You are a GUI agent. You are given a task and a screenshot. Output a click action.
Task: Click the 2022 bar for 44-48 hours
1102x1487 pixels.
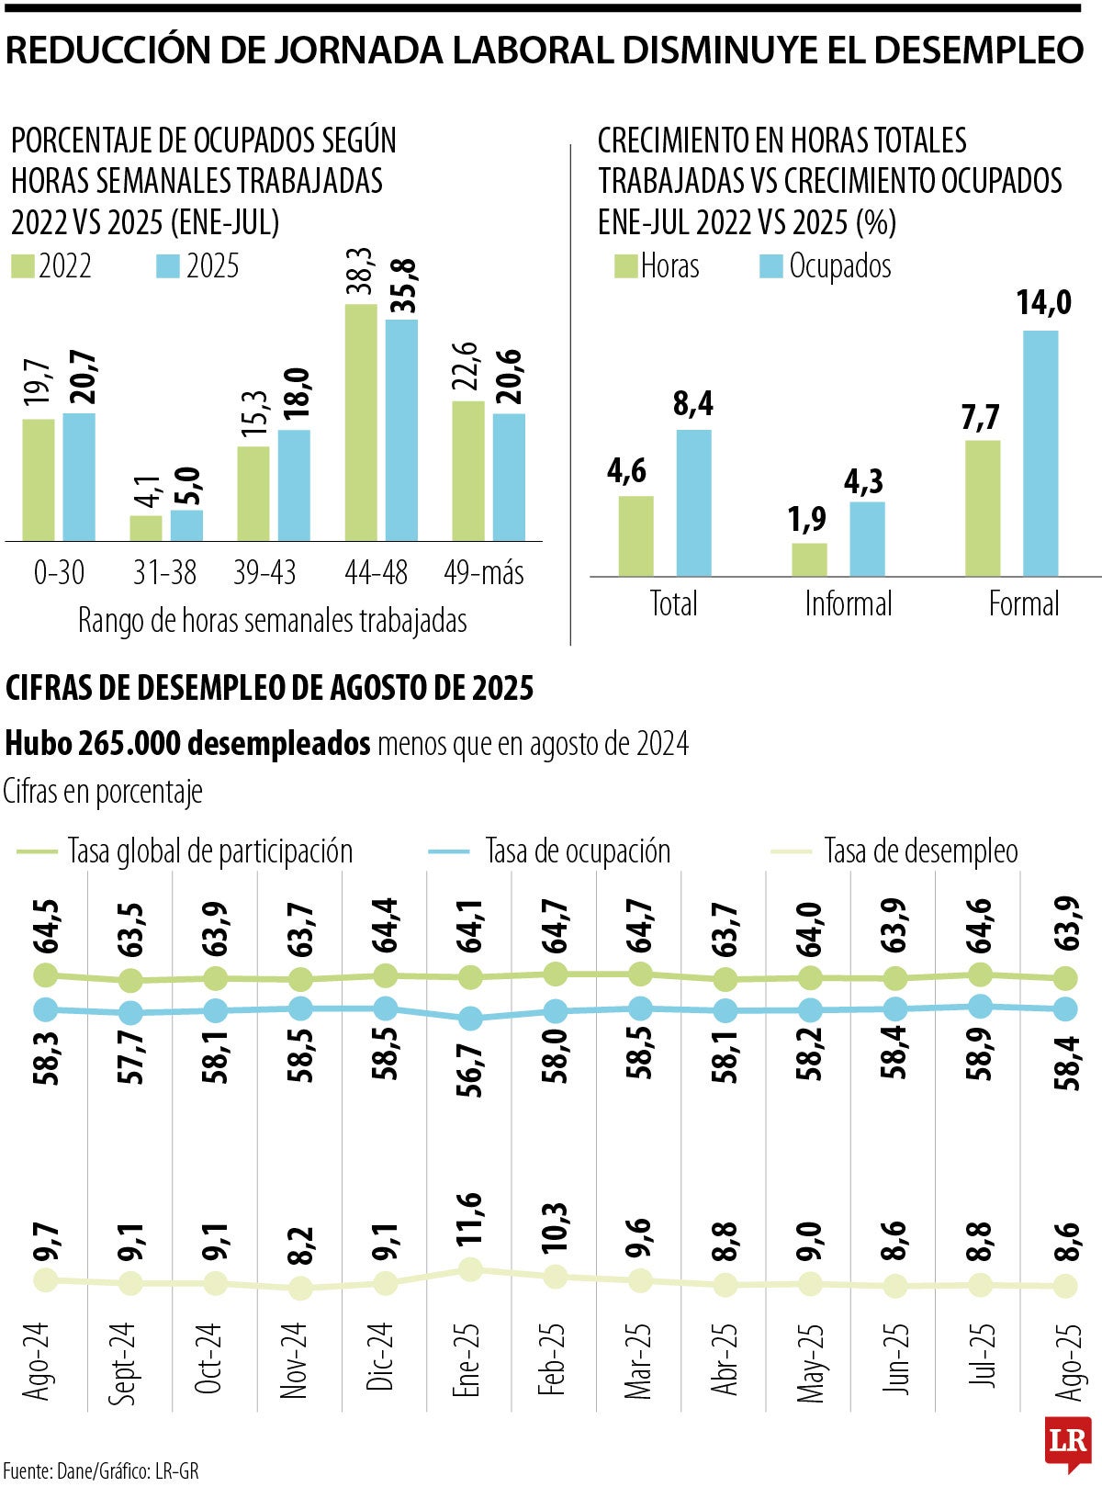pyautogui.click(x=361, y=422)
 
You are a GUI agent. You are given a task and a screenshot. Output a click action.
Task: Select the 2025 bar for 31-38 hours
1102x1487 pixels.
pyautogui.click(x=186, y=525)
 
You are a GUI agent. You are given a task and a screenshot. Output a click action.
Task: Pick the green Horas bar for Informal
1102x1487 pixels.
pyautogui.click(x=809, y=559)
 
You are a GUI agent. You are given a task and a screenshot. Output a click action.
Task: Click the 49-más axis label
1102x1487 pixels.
pyautogui.click(x=484, y=573)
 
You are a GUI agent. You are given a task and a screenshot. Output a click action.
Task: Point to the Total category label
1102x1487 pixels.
pyautogui.click(x=673, y=603)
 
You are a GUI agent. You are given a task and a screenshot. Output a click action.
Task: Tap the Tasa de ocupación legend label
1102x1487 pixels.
pyautogui.click(x=578, y=851)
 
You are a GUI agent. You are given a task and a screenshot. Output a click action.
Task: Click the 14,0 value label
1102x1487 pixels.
pyautogui.click(x=1043, y=302)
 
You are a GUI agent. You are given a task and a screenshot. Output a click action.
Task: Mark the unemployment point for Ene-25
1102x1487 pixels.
pyautogui.click(x=470, y=1269)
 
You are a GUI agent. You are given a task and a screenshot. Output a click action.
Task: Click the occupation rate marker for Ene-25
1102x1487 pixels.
pyautogui.click(x=470, y=1019)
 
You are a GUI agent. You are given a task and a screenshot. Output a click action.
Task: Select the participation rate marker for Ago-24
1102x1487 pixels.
pyautogui.click(x=45, y=974)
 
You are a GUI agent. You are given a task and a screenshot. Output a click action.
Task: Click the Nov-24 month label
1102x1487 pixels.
pyautogui.click(x=293, y=1361)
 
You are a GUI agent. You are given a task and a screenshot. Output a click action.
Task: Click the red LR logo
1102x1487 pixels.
pyautogui.click(x=1068, y=1439)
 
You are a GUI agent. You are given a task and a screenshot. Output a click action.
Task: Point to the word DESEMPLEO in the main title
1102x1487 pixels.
pyautogui.click(x=979, y=50)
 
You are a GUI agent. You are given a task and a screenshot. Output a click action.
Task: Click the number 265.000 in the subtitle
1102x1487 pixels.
pyautogui.click(x=132, y=743)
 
